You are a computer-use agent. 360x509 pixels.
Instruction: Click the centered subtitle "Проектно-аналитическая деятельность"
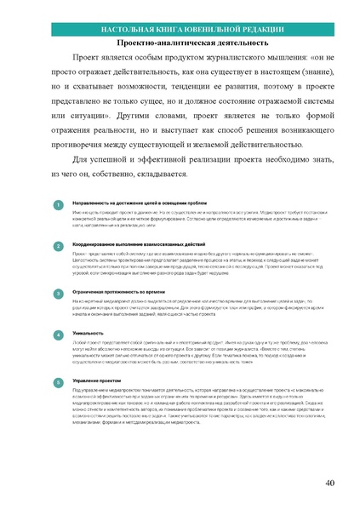(x=180, y=44)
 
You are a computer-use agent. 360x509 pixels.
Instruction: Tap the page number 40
(x=330, y=483)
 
